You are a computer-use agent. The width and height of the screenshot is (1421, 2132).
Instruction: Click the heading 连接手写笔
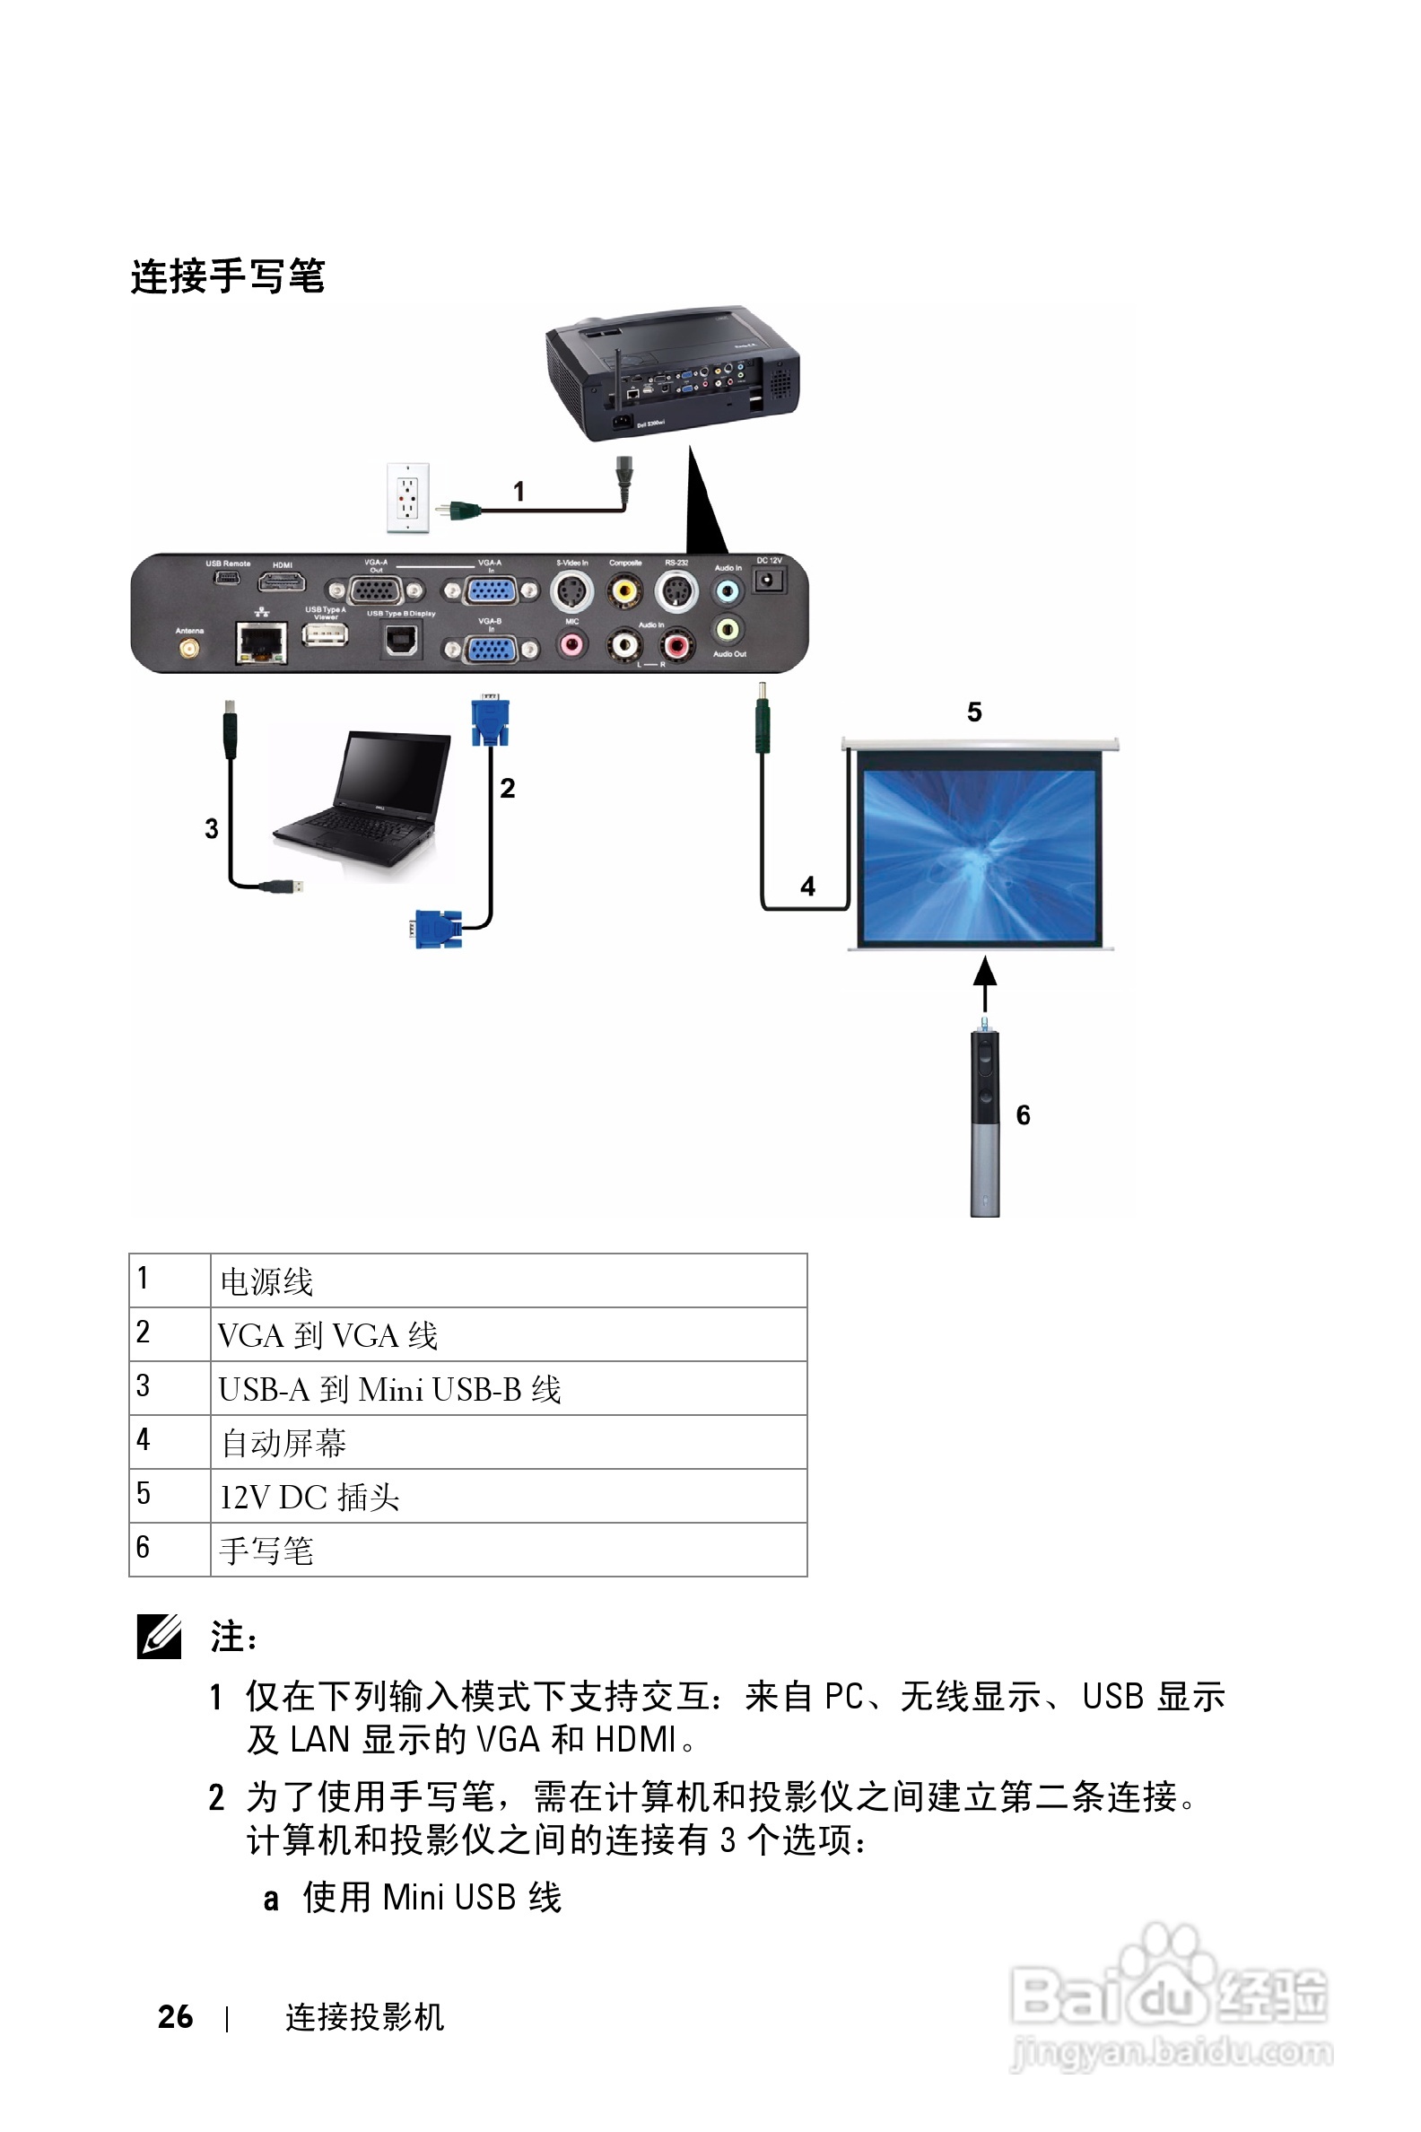tap(228, 275)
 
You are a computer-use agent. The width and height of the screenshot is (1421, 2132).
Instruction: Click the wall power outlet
tap(408, 497)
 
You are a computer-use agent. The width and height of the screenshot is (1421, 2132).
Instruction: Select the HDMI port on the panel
tap(282, 583)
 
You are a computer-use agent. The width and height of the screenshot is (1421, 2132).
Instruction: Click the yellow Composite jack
tap(624, 591)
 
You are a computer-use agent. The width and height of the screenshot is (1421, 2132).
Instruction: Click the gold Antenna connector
tap(189, 649)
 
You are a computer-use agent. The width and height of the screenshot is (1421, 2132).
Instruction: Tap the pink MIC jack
tap(571, 645)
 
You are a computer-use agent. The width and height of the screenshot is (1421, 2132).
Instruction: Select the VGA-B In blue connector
tap(491, 649)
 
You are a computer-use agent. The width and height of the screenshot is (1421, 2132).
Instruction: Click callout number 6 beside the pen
tap(1024, 1115)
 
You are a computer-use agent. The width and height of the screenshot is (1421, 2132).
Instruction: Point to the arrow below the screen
tap(985, 983)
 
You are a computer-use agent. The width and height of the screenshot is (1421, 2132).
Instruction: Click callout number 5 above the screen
tap(974, 712)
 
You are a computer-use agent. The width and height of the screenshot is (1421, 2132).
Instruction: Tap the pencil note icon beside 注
tap(160, 1637)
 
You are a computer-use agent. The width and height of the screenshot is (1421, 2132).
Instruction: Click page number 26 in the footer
tap(175, 2017)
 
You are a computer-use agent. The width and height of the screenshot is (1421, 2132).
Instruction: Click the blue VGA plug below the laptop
tap(438, 929)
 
